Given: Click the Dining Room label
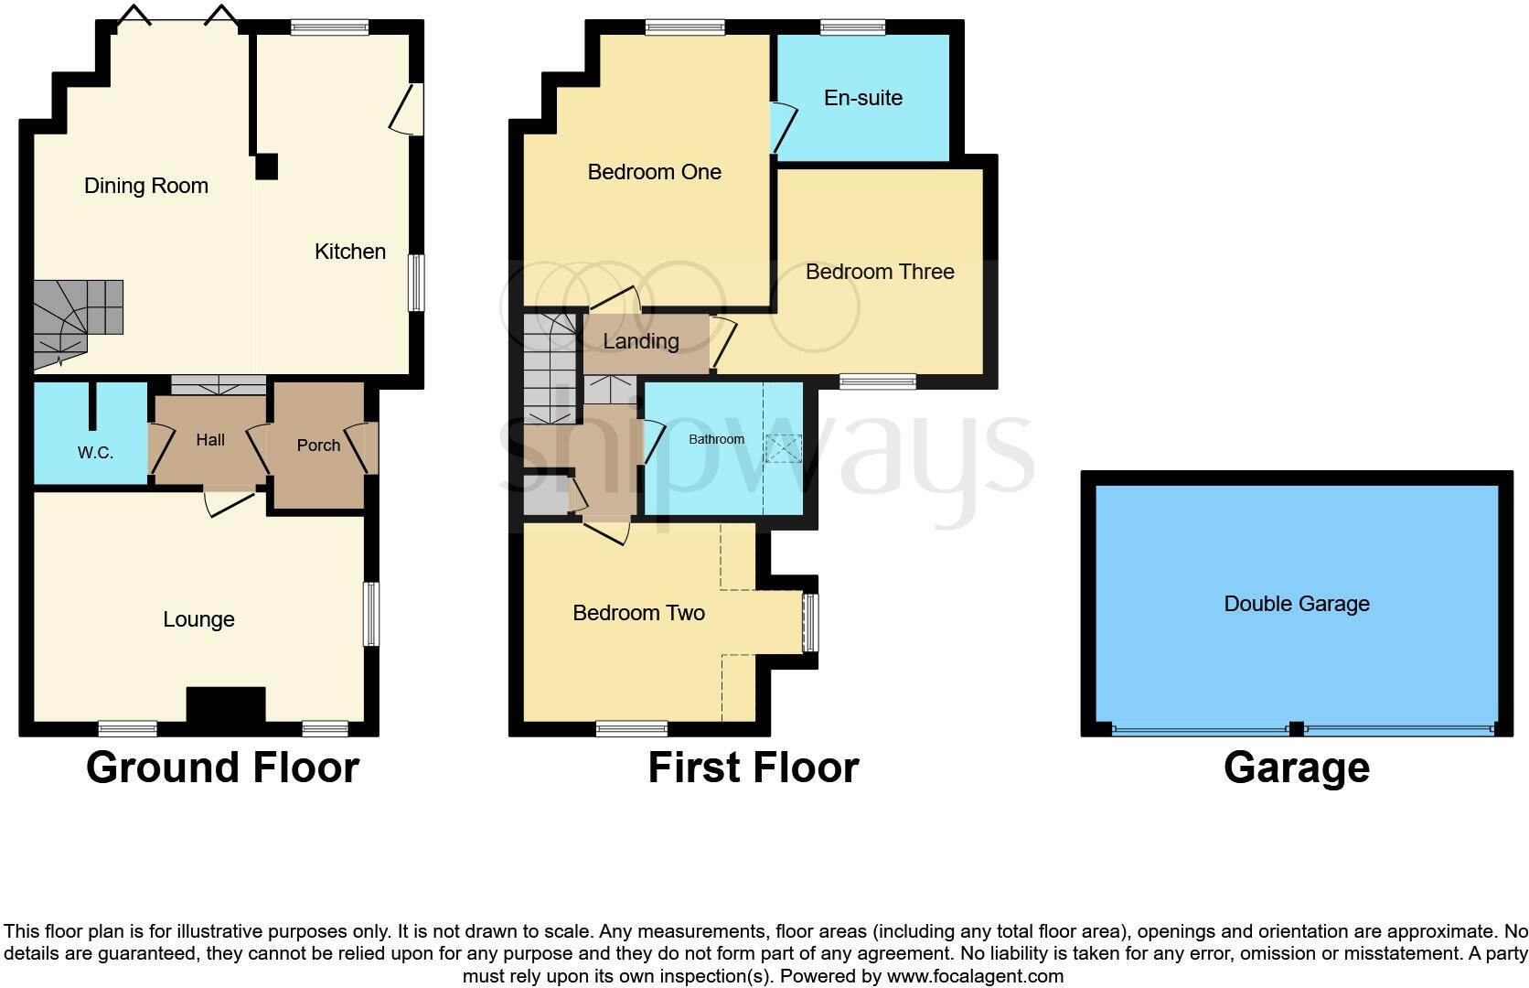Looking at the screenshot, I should pos(146,186).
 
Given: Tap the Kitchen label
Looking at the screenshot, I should pos(349,252).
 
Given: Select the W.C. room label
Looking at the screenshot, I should pos(95,453).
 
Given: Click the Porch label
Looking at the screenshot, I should pos(318,446).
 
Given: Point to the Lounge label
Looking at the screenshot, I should pos(198,619).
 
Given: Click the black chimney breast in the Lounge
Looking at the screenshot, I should pos(226,705).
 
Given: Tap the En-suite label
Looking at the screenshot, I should pos(862,98).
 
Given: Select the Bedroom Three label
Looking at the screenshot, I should pos(879,272).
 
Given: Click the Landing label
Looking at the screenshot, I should pos(640,341).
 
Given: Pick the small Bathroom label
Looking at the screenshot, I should pos(716,439).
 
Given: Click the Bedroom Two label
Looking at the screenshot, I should pos(638,613).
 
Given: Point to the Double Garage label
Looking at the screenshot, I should pos(1296,604).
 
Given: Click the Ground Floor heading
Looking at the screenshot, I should pos(222,768).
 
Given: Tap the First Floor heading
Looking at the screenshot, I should pos(753,768).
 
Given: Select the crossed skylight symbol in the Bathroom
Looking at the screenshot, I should pos(783,448).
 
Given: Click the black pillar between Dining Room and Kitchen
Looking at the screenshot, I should pos(265,166).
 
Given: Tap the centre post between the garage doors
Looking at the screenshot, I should pos(1295,729).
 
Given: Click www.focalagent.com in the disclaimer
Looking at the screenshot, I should pos(974,976).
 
